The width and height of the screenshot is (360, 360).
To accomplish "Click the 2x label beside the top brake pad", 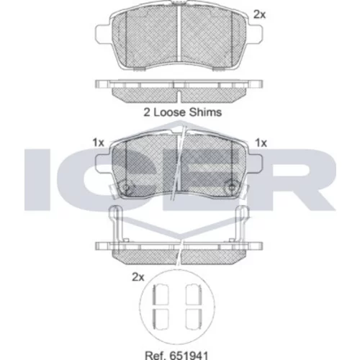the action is coord(260,15).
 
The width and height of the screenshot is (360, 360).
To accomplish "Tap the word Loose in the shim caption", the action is coord(169,112).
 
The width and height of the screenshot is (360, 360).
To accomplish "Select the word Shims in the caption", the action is coord(205,112).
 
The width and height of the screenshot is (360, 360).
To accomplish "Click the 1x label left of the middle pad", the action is coord(99,143).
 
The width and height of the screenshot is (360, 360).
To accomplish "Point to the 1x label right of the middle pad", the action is coord(261,143).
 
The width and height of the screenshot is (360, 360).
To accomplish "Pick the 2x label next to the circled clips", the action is coord(138,277).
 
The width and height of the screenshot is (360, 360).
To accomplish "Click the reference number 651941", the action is coord(189,356).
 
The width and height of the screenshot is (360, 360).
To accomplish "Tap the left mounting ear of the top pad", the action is coord(103,34).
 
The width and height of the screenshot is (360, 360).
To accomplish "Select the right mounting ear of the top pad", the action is coord(256,34).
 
